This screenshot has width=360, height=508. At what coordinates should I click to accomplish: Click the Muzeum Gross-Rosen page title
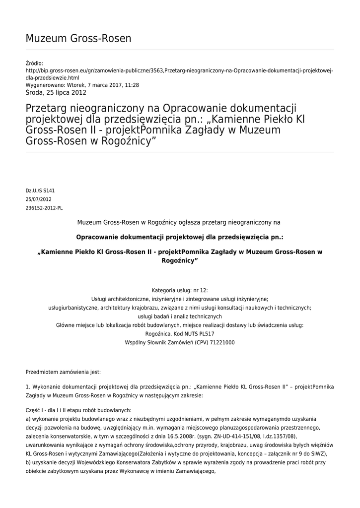[78, 38]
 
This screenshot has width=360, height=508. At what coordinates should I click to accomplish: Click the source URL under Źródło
[179, 74]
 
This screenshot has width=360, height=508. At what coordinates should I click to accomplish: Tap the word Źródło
[34, 63]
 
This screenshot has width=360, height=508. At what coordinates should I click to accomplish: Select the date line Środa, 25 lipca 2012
[56, 92]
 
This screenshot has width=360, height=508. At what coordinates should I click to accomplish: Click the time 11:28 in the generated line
[132, 85]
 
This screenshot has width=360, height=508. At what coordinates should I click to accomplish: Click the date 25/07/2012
[38, 199]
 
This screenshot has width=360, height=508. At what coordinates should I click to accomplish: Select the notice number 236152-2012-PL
[44, 208]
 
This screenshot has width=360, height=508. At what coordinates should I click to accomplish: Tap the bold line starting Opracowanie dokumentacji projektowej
[180, 237]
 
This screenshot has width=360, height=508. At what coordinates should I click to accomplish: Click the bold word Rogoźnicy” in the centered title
[180, 260]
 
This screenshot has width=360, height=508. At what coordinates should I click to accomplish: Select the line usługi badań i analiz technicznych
[180, 317]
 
